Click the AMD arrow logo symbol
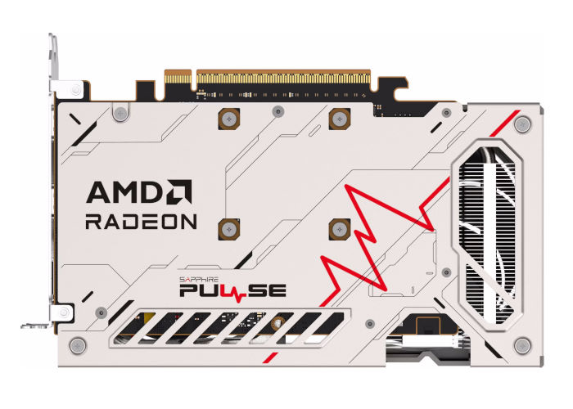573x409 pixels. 180,191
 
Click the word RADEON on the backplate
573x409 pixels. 141,222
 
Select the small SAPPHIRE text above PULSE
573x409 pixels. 199,280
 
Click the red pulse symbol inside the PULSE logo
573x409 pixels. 238,293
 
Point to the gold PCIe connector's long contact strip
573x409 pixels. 283,79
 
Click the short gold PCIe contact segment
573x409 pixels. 178,78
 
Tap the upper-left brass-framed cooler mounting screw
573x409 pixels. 229,119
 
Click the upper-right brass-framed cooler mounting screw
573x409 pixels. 340,119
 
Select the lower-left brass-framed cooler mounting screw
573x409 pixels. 229,229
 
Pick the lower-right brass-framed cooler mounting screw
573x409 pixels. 340,229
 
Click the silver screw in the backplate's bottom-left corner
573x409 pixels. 78,345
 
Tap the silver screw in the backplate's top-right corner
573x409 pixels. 522,124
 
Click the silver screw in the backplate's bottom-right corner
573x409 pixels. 522,345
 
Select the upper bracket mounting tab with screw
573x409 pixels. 69,89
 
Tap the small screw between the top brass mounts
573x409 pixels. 278,111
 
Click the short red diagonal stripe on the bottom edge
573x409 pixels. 271,358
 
